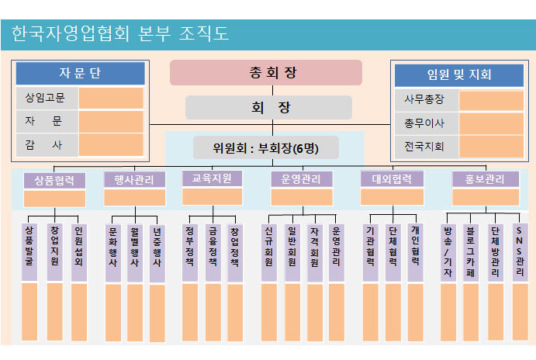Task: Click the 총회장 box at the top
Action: click(x=266, y=72)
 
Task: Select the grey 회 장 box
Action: click(x=268, y=107)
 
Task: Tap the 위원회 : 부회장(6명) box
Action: click(x=266, y=147)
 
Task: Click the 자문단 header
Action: click(x=81, y=73)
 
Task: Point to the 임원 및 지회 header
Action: click(x=459, y=75)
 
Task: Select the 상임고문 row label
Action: click(x=47, y=98)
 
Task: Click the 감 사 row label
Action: click(x=47, y=145)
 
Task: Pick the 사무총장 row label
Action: click(x=427, y=100)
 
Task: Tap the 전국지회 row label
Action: click(x=427, y=147)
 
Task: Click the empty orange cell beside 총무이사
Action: click(x=491, y=123)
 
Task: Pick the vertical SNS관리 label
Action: click(x=520, y=253)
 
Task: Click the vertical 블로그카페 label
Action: click(x=471, y=253)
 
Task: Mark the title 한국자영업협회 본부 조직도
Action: click(x=120, y=34)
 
